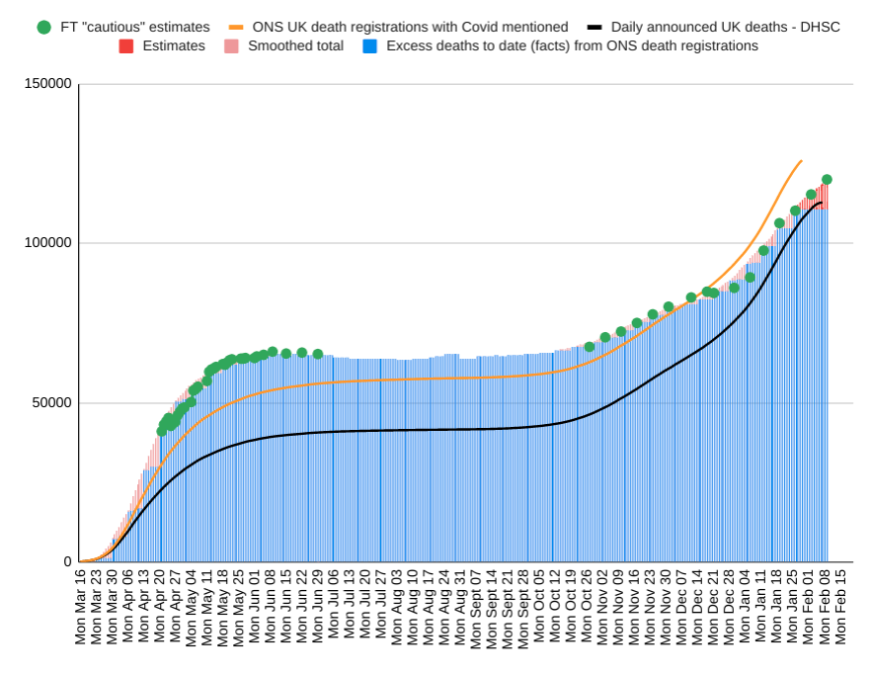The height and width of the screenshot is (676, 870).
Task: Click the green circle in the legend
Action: tap(43, 27)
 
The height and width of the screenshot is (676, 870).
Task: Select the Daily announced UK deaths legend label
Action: tap(726, 27)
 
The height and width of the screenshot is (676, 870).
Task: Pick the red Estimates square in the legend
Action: tap(126, 46)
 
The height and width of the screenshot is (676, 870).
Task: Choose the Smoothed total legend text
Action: tap(296, 46)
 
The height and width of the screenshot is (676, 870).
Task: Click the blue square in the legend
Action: tap(369, 46)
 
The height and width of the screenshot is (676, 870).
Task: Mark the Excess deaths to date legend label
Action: tap(572, 46)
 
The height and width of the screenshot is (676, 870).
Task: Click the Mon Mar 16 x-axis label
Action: tap(81, 607)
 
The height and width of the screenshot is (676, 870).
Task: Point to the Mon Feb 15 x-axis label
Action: tap(840, 607)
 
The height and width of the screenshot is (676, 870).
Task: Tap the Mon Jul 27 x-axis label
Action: tap(381, 607)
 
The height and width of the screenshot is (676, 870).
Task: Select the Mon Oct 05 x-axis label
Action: tap(539, 607)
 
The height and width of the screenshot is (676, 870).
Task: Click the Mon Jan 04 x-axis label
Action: tap(746, 607)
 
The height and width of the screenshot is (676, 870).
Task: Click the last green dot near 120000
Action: tap(827, 180)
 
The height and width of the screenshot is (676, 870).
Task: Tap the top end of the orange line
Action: tap(801, 161)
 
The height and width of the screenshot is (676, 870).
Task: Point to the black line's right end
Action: tap(821, 203)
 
